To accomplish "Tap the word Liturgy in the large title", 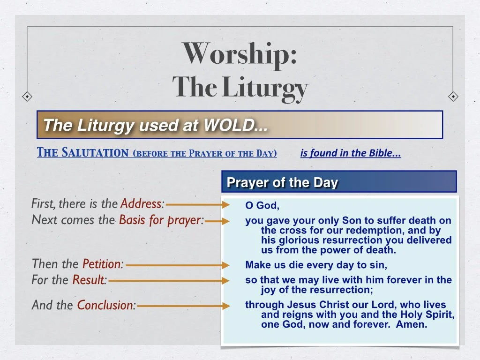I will [265, 88].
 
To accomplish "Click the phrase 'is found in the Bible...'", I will [351, 153].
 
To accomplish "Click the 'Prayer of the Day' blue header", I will [282, 182].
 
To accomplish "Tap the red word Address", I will [142, 204].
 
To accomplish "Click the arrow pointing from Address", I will [197, 205].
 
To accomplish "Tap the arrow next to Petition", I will [178, 265].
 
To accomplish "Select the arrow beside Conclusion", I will [183, 306].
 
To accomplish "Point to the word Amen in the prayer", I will [412, 324].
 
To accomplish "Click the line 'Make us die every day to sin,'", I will [316, 265].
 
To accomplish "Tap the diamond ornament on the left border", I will [28, 97].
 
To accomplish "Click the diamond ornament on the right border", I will [453, 97].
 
